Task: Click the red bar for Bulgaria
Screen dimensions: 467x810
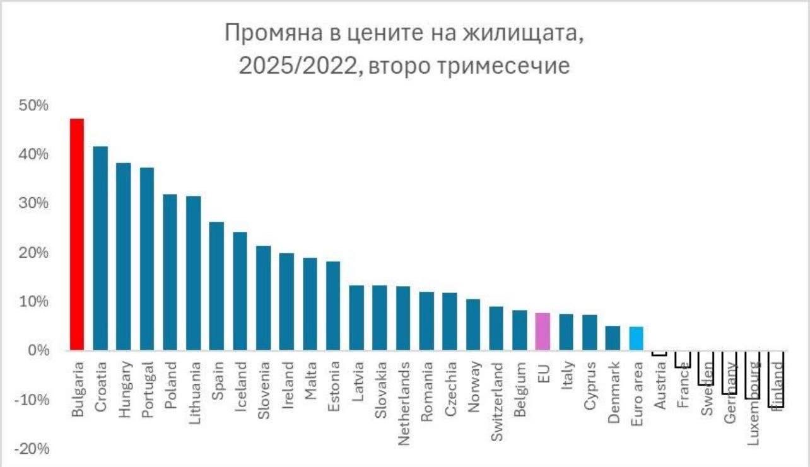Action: (77, 234)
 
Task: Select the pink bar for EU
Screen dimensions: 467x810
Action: (543, 332)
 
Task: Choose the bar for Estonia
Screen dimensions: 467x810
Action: (333, 306)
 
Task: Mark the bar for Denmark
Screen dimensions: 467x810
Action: (613, 338)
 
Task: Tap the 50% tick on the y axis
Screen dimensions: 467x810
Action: (33, 105)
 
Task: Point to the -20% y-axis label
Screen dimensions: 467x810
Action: (30, 449)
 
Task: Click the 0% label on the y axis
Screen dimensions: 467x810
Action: (36, 350)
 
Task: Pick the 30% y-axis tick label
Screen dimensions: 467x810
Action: (33, 204)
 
